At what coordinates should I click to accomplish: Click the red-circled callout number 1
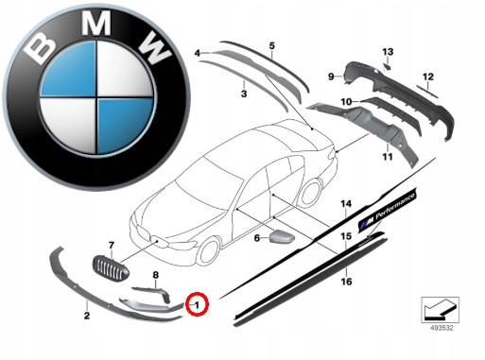coord(197,305)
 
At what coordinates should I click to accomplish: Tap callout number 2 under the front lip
coord(87,316)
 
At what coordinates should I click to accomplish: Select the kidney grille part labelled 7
coord(111,268)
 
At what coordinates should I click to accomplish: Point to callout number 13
coord(388,52)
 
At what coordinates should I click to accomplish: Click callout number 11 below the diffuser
coord(388,157)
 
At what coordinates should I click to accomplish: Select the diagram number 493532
coord(442,328)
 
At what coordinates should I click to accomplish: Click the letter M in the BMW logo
coord(96,24)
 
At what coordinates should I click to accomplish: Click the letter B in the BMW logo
coord(40,48)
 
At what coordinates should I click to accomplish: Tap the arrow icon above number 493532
coord(440,310)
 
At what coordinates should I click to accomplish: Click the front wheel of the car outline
coord(209,250)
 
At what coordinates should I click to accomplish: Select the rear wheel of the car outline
coord(311,193)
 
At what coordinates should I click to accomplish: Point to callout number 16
coord(346,282)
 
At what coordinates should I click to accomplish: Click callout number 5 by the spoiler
coord(271,46)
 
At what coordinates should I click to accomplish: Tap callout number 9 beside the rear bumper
coord(331,77)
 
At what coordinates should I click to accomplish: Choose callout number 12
coord(428,77)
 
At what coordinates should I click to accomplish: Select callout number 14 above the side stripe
coord(346,204)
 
